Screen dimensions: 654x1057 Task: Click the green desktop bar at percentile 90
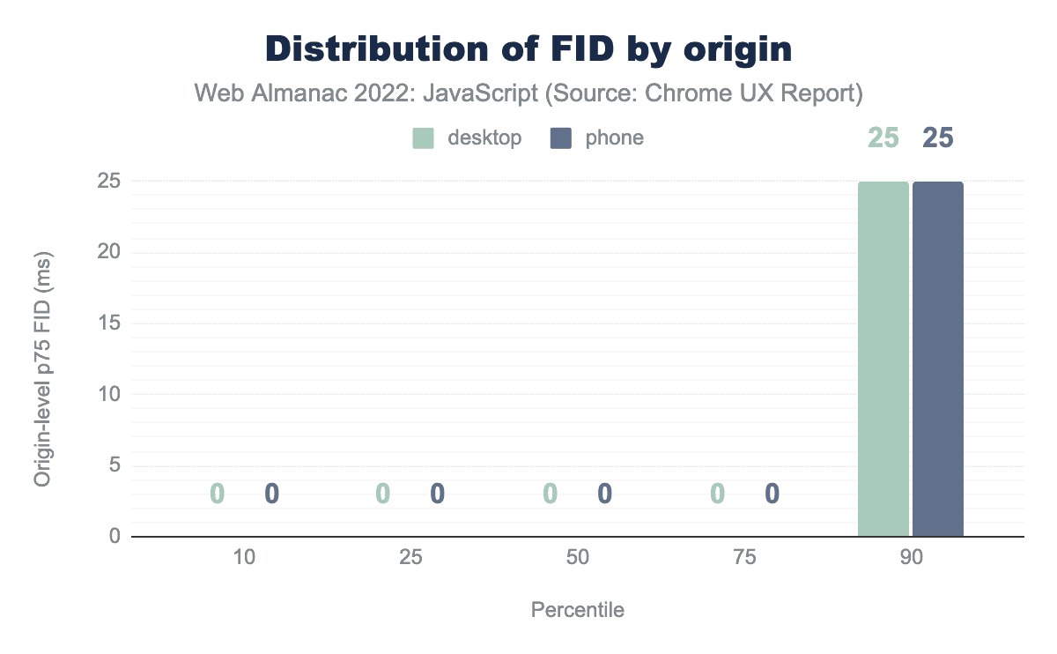(883, 359)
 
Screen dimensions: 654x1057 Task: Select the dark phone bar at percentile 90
(938, 359)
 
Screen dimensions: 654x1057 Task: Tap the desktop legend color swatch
(424, 138)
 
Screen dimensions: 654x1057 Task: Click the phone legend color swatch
(561, 138)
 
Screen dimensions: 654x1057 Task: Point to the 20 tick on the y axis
(109, 253)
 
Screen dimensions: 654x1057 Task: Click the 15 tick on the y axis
(109, 323)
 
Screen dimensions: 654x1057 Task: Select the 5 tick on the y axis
(115, 465)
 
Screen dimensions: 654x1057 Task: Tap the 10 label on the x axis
(245, 558)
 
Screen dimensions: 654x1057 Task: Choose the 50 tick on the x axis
(578, 558)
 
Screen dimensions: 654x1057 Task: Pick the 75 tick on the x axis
(744, 558)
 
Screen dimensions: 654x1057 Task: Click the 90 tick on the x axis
(911, 558)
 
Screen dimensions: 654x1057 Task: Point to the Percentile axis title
(578, 610)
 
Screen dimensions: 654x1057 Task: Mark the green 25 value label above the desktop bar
(883, 138)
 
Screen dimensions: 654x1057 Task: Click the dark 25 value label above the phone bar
(938, 138)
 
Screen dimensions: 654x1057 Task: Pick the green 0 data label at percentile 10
(218, 494)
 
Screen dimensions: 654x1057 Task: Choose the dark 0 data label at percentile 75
(772, 494)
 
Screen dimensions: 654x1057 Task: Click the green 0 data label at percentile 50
(551, 494)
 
